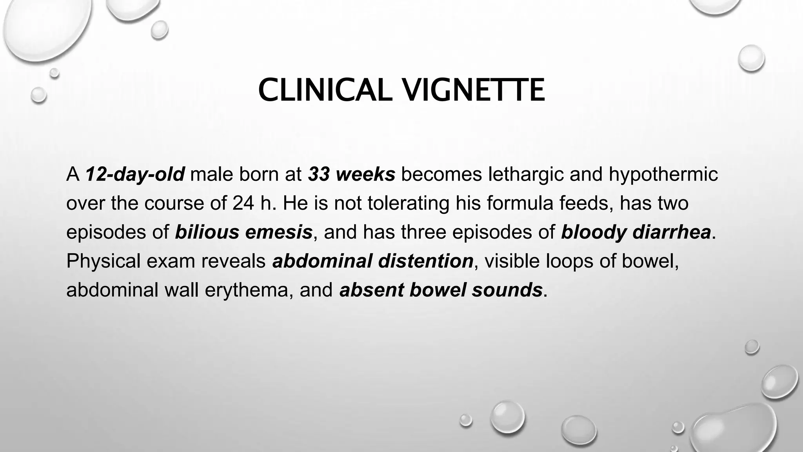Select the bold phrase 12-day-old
pos(135,175)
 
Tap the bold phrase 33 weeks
pos(351,175)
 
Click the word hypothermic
pos(663,175)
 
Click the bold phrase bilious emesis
pos(243,232)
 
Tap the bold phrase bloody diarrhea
pos(636,232)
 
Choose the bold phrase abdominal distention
pos(373,261)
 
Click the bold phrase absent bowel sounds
pos(441,290)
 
